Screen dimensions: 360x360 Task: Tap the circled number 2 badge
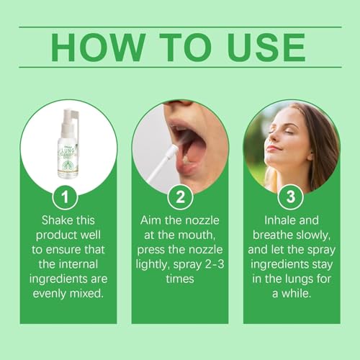click(179, 197)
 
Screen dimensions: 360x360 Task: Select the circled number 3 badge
click(291, 197)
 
